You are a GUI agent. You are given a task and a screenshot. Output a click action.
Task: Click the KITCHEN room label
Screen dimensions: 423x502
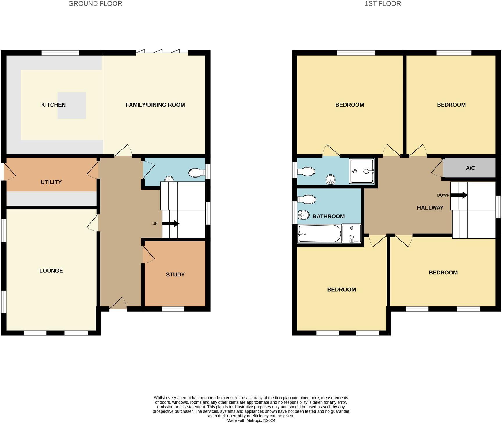click(53, 105)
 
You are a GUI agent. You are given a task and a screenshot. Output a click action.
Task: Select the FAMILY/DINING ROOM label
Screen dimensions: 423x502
click(155, 105)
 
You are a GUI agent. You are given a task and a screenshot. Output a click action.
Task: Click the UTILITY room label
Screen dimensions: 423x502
click(51, 182)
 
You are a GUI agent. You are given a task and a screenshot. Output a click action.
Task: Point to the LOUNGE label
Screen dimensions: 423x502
click(51, 271)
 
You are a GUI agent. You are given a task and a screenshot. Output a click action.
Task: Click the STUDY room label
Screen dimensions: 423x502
click(175, 275)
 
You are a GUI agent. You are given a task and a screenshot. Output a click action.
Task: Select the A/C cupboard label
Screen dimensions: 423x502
click(470, 168)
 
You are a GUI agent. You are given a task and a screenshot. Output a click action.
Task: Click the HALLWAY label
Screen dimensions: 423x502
click(430, 208)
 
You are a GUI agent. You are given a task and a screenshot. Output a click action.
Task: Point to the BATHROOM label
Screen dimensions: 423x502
click(328, 216)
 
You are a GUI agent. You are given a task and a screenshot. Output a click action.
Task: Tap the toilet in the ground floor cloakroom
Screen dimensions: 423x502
click(197, 173)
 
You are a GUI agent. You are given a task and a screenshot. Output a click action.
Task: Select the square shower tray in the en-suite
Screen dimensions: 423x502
click(362, 171)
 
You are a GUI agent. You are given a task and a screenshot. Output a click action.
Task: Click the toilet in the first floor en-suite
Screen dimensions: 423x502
click(306, 172)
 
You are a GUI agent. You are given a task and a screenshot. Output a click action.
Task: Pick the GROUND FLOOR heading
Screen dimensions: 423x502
click(95, 4)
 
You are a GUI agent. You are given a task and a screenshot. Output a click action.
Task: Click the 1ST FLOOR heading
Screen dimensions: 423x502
click(383, 4)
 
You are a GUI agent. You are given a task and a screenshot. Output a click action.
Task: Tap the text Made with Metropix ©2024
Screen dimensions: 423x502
click(251, 420)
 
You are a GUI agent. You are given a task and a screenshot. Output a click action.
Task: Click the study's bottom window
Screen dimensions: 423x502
click(173, 309)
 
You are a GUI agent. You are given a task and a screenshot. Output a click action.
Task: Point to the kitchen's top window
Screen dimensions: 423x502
click(60, 53)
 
